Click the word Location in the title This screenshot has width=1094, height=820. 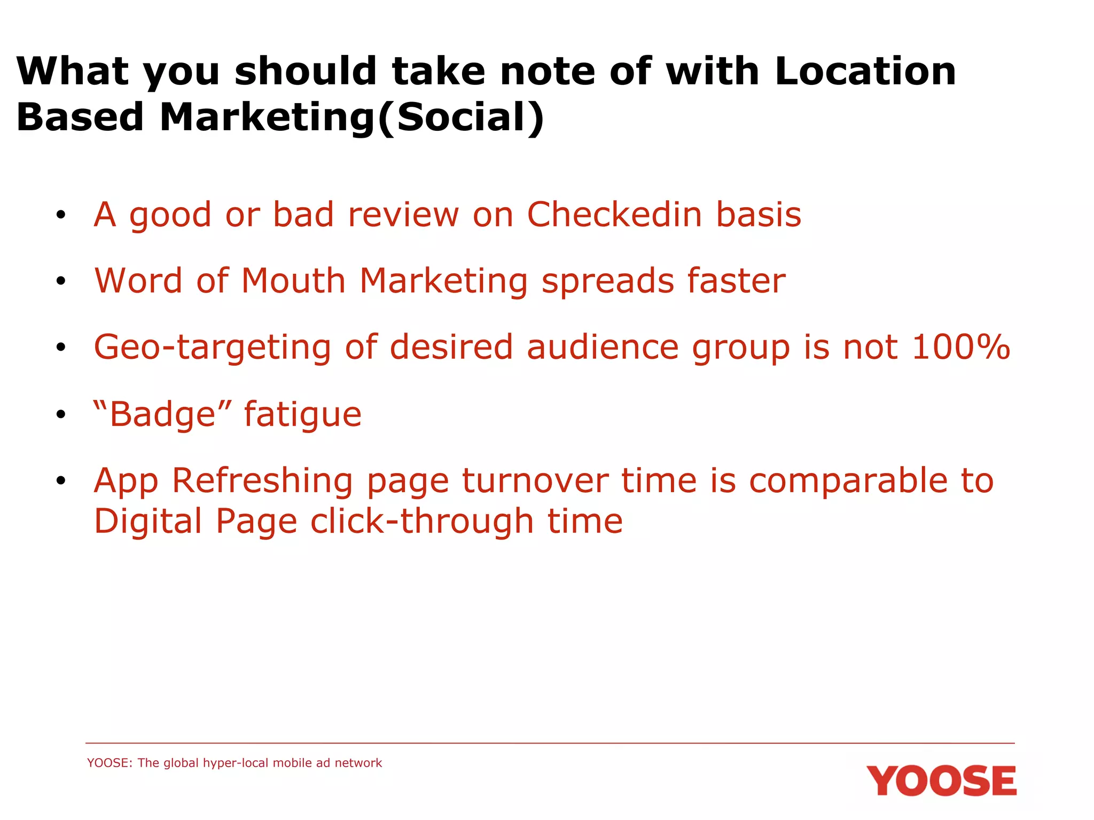click(865, 72)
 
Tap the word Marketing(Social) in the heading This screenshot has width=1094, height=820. click(351, 117)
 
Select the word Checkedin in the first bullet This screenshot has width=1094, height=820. click(614, 215)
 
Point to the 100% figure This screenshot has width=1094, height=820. click(961, 347)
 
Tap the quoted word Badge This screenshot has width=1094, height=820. click(163, 414)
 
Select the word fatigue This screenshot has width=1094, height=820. click(303, 415)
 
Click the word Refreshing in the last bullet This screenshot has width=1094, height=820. click(262, 481)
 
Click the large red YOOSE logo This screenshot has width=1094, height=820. click(941, 781)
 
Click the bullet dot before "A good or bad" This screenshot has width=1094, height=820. click(61, 215)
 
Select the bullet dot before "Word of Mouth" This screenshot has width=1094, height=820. click(61, 281)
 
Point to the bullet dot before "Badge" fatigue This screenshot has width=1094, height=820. click(61, 414)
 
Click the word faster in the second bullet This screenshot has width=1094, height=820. click(736, 281)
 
